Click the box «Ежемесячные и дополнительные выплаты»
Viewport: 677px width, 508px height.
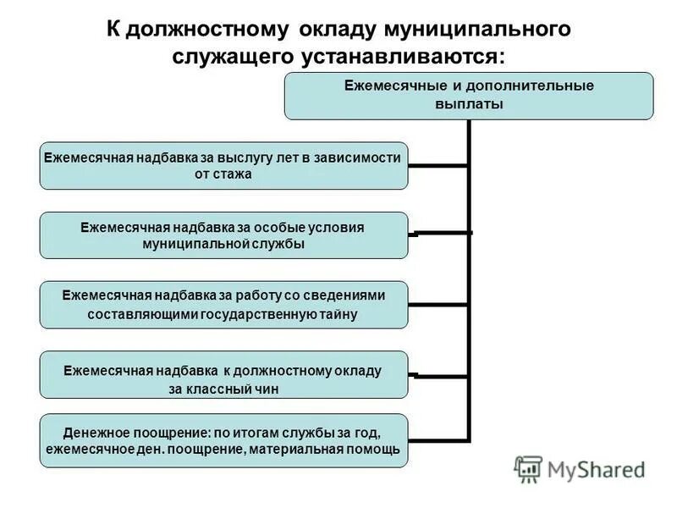click(468, 95)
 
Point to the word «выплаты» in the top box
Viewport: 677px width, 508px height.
click(468, 104)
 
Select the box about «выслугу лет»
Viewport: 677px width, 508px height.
click(223, 165)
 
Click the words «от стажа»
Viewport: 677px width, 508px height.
click(223, 174)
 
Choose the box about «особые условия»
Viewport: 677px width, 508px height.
click(223, 235)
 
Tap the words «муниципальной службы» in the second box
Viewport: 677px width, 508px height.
click(223, 244)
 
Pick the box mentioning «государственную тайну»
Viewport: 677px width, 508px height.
click(223, 305)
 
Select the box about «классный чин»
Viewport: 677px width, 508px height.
click(223, 374)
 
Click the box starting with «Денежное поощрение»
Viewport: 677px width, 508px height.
click(223, 440)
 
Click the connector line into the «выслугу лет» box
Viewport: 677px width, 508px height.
click(438, 165)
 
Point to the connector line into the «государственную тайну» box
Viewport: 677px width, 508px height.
click(438, 304)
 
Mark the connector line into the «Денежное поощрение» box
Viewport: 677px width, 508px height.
click(438, 440)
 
